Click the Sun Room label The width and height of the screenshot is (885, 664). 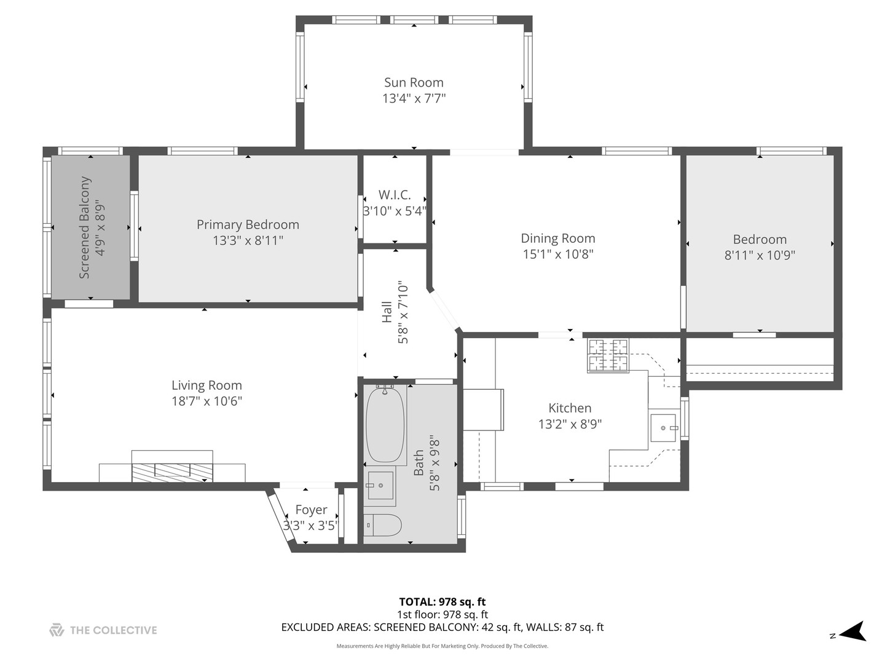(414, 82)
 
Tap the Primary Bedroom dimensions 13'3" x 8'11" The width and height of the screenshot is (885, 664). (248, 240)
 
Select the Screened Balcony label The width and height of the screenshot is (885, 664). (84, 227)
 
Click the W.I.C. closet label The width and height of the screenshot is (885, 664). (395, 195)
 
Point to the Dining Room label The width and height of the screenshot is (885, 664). (557, 239)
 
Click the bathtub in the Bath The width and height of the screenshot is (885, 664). (385, 424)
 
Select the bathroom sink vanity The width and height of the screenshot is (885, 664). (380, 486)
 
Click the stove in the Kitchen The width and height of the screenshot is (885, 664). (608, 355)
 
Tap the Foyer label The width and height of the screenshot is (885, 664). (311, 510)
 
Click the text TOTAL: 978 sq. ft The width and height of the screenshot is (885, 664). (442, 602)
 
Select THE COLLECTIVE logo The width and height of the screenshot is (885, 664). (103, 630)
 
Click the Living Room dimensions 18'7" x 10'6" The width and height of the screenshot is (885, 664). (206, 401)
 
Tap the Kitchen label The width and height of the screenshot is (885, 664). (570, 408)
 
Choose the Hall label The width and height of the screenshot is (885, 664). (387, 312)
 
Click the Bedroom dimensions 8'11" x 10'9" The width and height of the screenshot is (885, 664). (760, 255)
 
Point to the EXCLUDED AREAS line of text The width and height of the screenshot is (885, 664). (442, 627)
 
